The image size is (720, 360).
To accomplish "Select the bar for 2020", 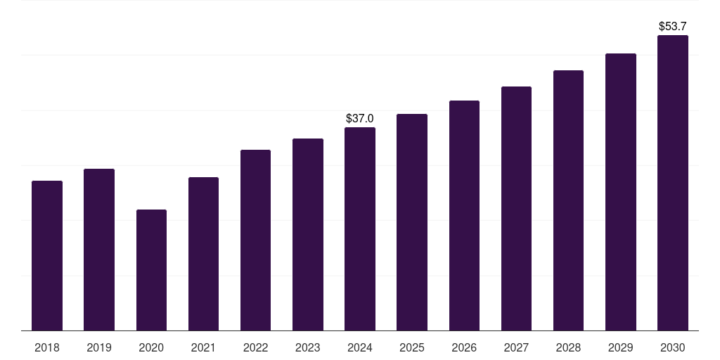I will click(151, 270).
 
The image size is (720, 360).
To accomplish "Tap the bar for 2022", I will click(255, 240).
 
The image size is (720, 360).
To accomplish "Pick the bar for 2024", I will click(360, 229).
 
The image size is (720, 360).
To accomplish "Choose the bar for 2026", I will click(464, 215).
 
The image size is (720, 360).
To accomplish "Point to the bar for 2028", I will click(568, 200).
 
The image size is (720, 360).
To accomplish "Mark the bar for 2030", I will click(673, 183).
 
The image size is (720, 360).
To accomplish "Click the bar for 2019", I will click(99, 250).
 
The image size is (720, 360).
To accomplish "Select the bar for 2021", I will click(203, 254).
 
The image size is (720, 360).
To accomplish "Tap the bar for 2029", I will click(621, 192).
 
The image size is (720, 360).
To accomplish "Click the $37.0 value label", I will click(360, 118).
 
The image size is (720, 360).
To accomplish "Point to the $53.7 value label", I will click(673, 26).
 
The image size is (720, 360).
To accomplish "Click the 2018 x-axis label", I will click(47, 347).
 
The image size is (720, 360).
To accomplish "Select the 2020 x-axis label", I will click(151, 347).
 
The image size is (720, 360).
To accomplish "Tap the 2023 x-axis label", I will click(308, 347).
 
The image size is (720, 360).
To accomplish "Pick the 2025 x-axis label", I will click(412, 347).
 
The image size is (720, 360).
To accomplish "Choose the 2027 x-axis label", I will click(516, 347).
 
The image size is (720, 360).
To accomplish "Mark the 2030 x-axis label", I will click(673, 347).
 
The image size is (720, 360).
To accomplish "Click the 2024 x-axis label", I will click(360, 347).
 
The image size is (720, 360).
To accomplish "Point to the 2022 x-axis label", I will click(255, 347).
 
